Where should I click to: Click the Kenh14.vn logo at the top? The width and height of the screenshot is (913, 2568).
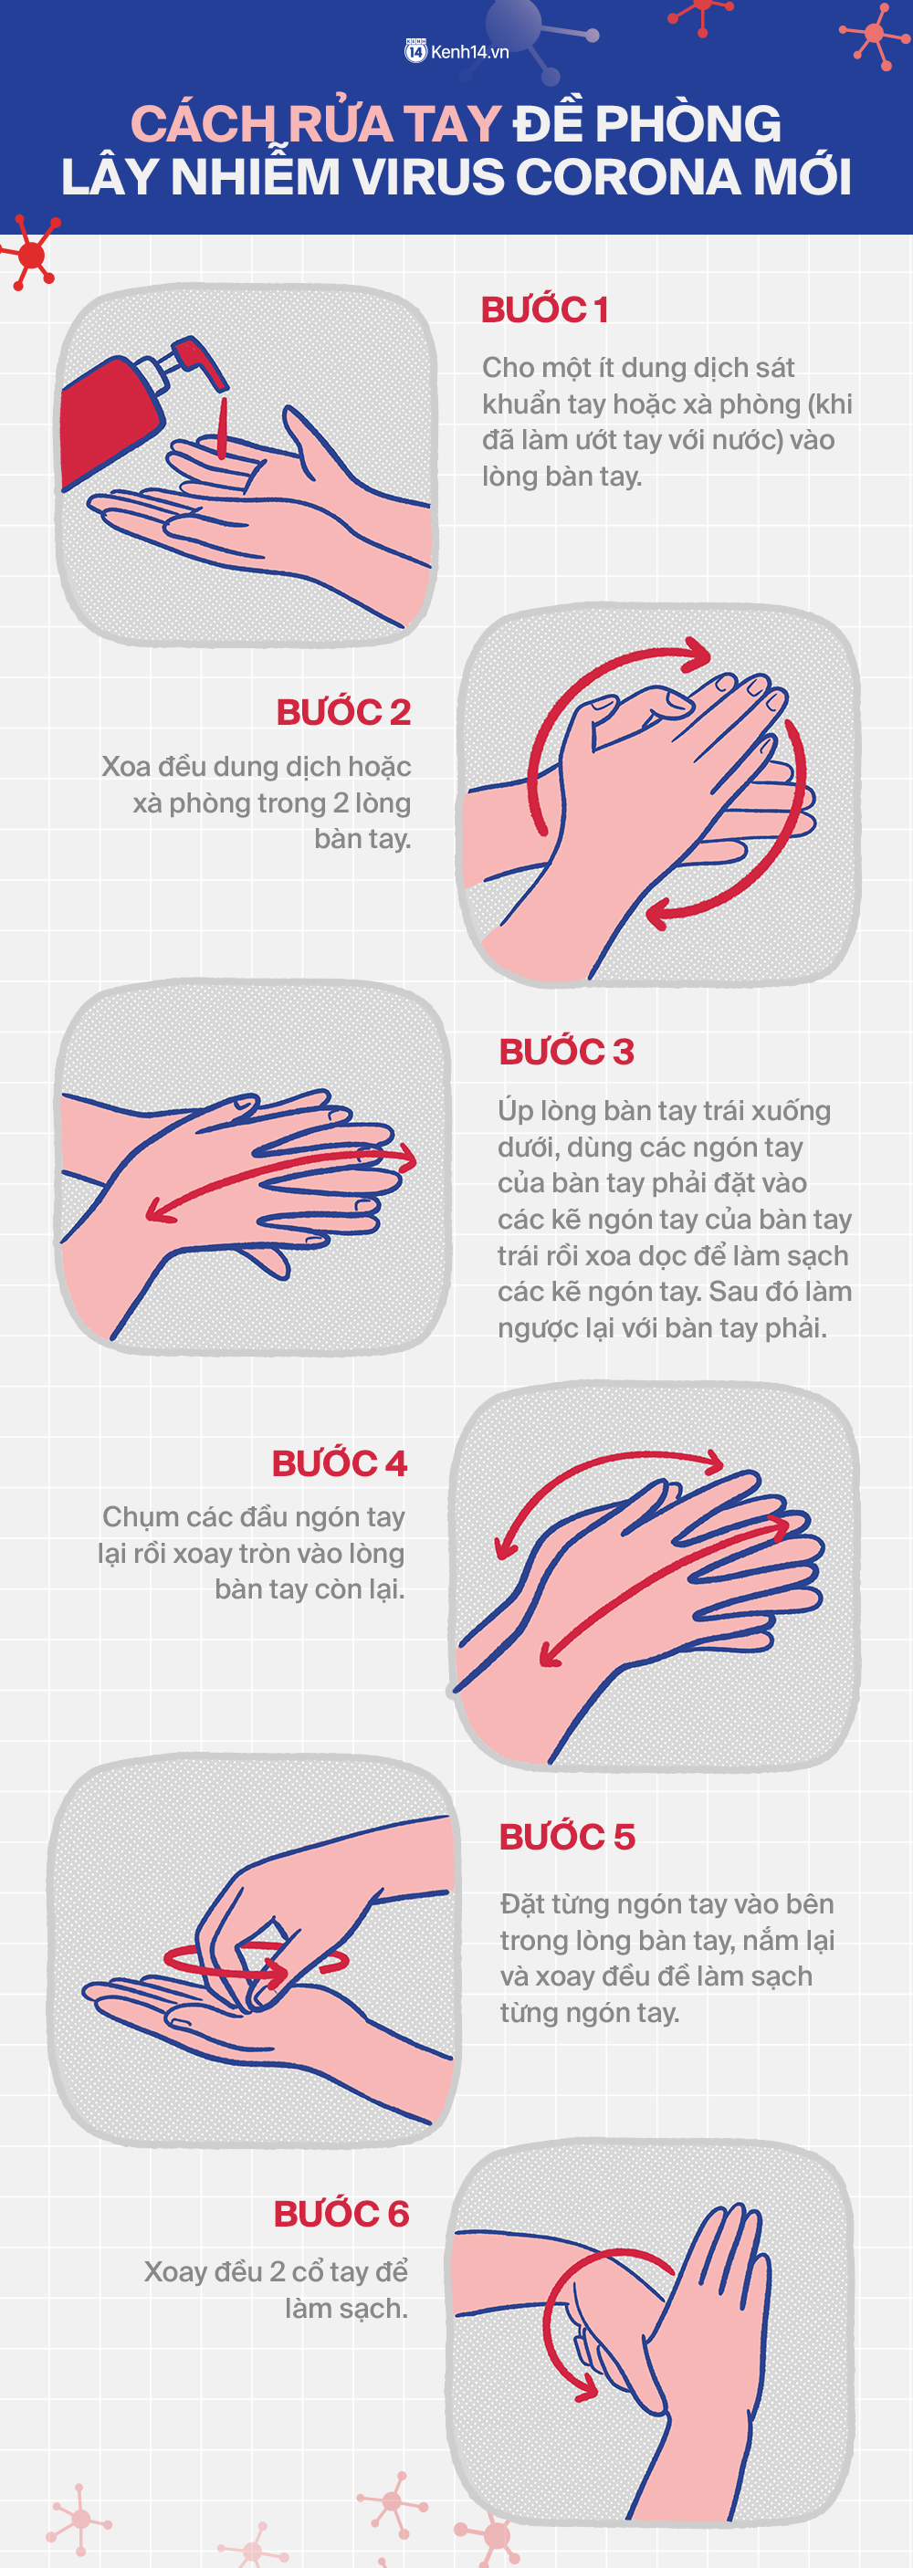pos(456,52)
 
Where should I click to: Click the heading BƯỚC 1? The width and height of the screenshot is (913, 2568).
pos(545,310)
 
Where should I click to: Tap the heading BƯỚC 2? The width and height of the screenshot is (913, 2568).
pos(344,712)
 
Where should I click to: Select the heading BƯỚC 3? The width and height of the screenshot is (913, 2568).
pos(566,1052)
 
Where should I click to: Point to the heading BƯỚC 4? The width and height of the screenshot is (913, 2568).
pos(340,1463)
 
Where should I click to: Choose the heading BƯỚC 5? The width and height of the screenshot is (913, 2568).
pos(567,1836)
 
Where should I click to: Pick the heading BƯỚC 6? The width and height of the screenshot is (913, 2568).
pos(341,2213)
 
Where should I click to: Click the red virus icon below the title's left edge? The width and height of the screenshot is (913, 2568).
pos(32,256)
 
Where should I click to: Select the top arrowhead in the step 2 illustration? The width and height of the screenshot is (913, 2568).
pos(695,654)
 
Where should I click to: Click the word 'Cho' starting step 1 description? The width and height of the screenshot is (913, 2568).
pos(509,368)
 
